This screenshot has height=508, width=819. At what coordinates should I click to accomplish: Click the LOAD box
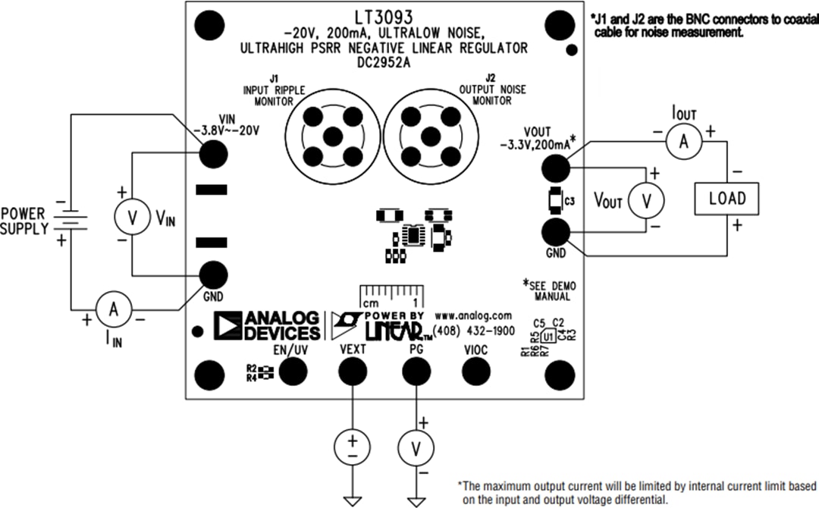coord(727,199)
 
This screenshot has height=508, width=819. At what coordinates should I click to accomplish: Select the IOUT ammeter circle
coord(682,141)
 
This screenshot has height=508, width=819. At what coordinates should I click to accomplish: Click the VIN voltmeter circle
coord(132,218)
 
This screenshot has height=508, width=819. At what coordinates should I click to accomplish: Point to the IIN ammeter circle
coord(114,309)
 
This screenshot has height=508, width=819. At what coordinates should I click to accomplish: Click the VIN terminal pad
coord(213,155)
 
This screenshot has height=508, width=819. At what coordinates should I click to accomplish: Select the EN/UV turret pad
coord(293,372)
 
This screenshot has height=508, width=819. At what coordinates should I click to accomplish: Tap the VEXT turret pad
coord(352,372)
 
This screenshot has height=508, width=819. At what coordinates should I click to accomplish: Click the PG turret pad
coord(414,372)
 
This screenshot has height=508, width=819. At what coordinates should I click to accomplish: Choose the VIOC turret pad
coord(475,372)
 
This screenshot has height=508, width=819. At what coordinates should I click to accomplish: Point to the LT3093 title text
coord(383,16)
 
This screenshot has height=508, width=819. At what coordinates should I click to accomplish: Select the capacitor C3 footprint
coord(554,199)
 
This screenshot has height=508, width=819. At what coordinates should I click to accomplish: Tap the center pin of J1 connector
coord(331,136)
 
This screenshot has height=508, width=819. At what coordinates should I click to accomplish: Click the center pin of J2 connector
coord(429,136)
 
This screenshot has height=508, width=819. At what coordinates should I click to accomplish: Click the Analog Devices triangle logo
coord(227,325)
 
